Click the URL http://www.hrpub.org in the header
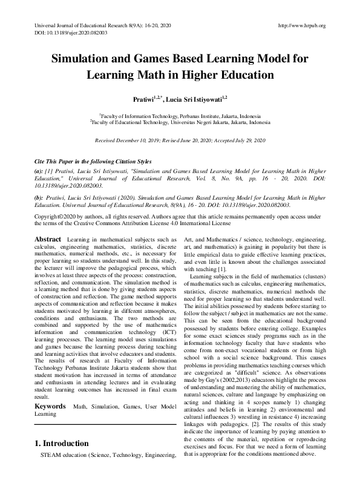pos(301,25)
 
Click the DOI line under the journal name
pos(68,33)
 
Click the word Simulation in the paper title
pos(85,59)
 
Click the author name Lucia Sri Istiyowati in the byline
pos(194,97)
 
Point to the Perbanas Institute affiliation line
pos(180,115)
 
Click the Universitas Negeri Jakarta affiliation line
pos(180,122)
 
